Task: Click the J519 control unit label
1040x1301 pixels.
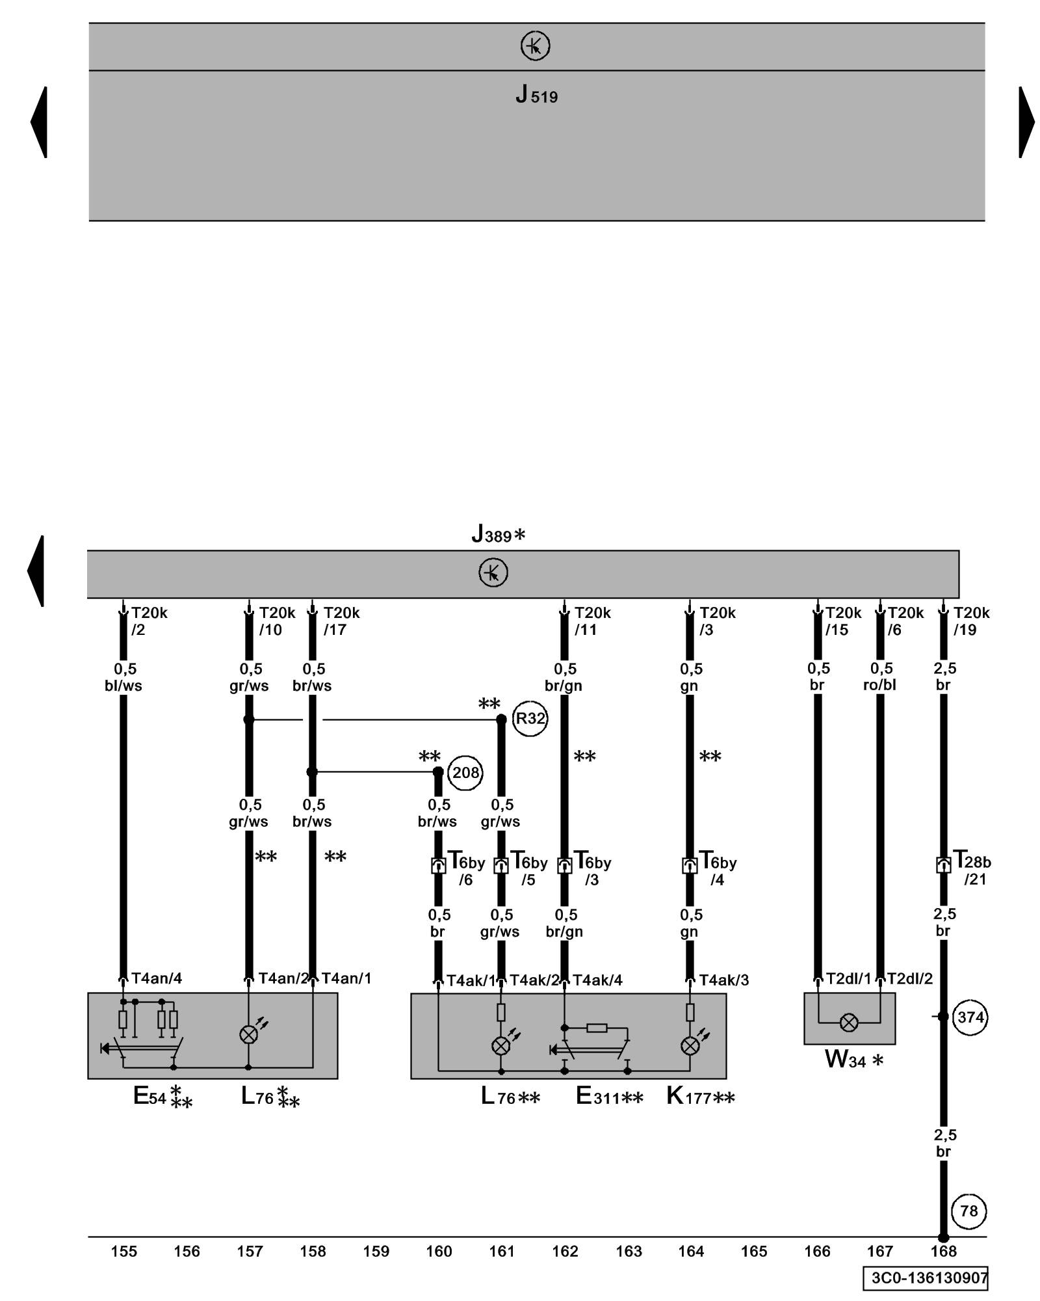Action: pyautogui.click(x=536, y=96)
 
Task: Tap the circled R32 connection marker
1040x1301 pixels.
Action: pyautogui.click(x=530, y=719)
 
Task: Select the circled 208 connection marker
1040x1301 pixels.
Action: pyautogui.click(x=465, y=773)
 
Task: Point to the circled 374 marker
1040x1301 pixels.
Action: pyautogui.click(x=970, y=1017)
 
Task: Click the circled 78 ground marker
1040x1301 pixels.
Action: pyautogui.click(x=968, y=1211)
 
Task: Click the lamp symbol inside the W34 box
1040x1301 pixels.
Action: pyautogui.click(x=849, y=1023)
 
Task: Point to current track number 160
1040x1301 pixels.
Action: pyautogui.click(x=439, y=1251)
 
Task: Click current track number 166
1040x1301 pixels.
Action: pyautogui.click(x=817, y=1251)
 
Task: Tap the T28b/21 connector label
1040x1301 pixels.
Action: pyautogui.click(x=972, y=869)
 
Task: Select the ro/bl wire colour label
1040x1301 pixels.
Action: pyautogui.click(x=880, y=685)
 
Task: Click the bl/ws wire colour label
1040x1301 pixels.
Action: pyautogui.click(x=123, y=686)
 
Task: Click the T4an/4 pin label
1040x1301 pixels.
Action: pyautogui.click(x=157, y=978)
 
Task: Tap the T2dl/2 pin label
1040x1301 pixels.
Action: pyautogui.click(x=910, y=978)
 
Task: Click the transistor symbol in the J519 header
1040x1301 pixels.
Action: pyautogui.click(x=535, y=46)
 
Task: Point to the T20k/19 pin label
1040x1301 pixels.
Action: pyautogui.click(x=971, y=621)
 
